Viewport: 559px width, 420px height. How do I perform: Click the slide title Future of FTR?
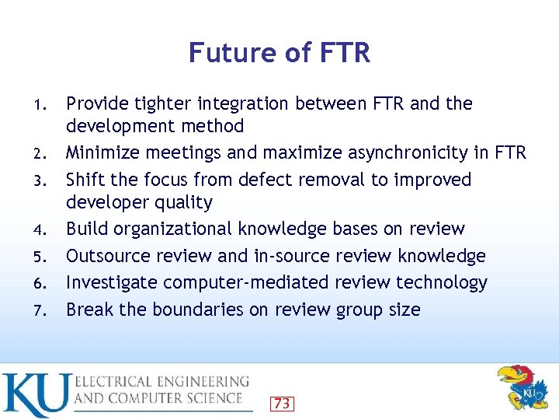(279, 53)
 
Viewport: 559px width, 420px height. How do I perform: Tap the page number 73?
(282, 403)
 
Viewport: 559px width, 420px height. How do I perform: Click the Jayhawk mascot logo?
(522, 387)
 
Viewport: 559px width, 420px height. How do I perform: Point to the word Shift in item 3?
(85, 180)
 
